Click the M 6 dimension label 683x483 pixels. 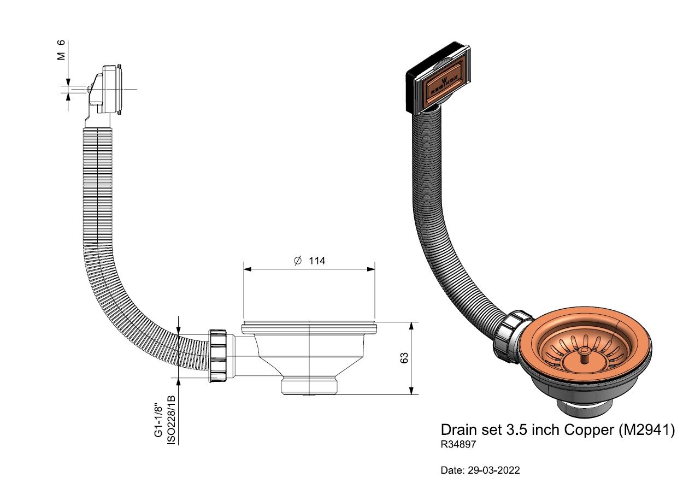point(61,50)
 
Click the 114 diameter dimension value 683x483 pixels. point(317,261)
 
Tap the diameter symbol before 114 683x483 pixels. point(298,261)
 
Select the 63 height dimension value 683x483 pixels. point(404,358)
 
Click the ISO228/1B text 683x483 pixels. point(172,420)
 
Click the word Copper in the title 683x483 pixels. point(589,430)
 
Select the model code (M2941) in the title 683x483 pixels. point(647,430)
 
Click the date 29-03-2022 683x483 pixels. point(493,470)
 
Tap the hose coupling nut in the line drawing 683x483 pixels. point(217,356)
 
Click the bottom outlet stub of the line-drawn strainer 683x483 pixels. point(309,386)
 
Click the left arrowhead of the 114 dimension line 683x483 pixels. point(248,269)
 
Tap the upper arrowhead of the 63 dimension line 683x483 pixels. point(411,326)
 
